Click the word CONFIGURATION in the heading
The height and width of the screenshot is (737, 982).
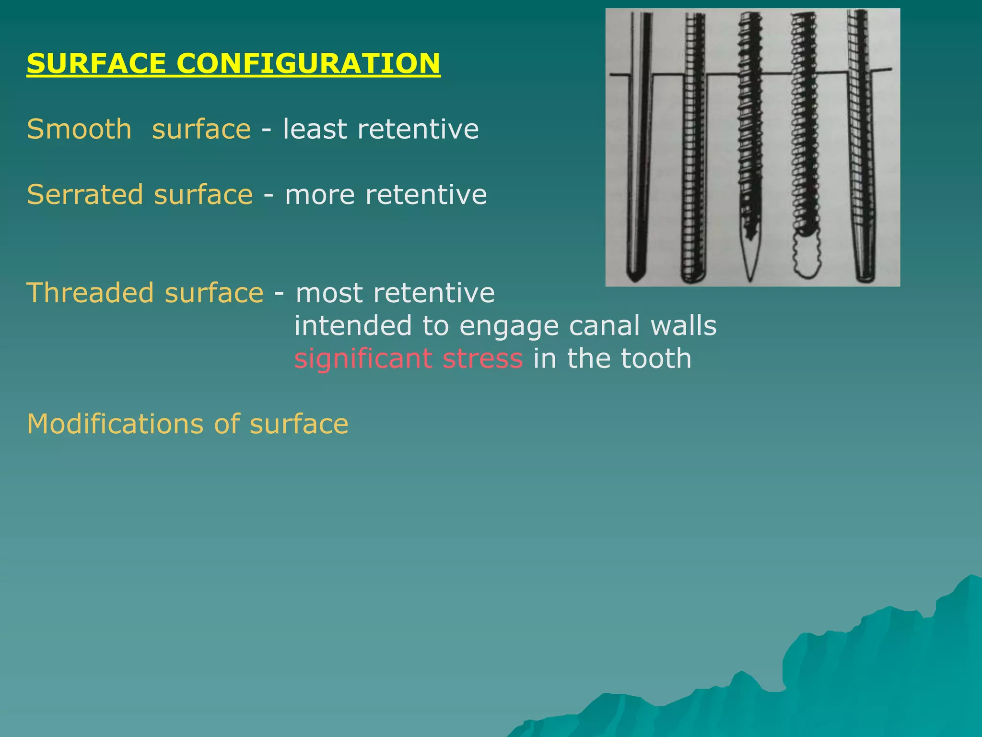point(308,64)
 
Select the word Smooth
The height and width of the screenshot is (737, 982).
point(79,130)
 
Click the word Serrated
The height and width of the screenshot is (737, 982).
point(85,195)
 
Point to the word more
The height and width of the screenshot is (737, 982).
point(319,195)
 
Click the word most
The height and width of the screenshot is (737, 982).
point(329,293)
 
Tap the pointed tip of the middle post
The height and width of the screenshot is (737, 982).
point(749,262)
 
